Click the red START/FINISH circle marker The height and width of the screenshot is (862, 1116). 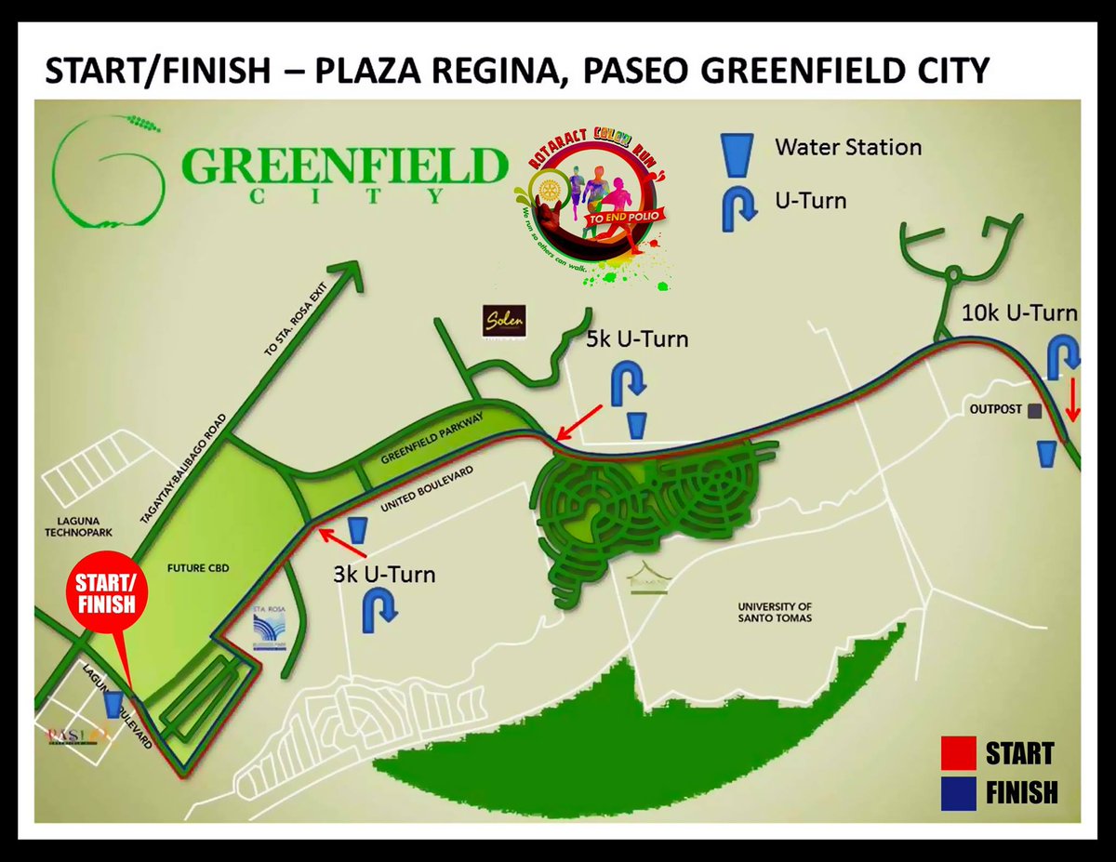coord(105,593)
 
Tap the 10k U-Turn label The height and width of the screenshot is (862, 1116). coord(1019,313)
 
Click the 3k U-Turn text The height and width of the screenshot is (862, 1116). coord(384,574)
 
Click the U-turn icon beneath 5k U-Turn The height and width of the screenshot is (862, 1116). coord(627,380)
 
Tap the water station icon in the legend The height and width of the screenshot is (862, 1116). coord(737,153)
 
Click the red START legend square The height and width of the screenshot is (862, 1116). coord(958,752)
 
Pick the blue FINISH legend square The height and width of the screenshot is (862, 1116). coord(958,792)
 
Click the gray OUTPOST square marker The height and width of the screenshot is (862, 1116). coord(1033,409)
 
